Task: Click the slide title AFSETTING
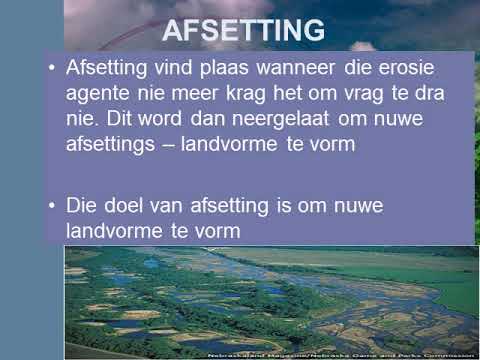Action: pyautogui.click(x=244, y=31)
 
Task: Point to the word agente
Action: pyautogui.click(x=99, y=94)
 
